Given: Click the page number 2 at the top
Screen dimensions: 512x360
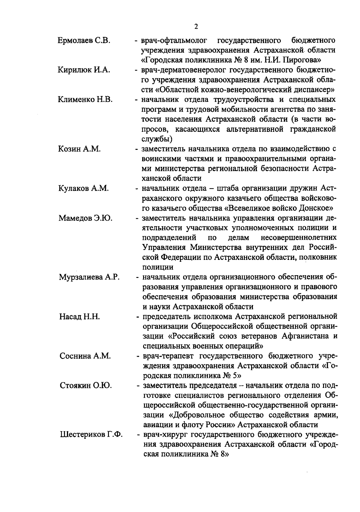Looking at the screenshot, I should pyautogui.click(x=196, y=27).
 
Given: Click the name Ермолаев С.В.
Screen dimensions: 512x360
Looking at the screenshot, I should pyautogui.click(x=84, y=41).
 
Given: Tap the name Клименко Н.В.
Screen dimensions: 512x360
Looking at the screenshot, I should pyautogui.click(x=85, y=100).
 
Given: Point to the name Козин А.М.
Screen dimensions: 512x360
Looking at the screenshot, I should pyautogui.click(x=79, y=149).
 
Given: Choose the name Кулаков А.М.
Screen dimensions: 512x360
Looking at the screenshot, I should pyautogui.click(x=83, y=188).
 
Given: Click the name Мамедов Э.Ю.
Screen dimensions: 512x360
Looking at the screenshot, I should pyautogui.click(x=85, y=218).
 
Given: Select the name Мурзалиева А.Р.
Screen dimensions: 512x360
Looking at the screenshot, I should pyautogui.click(x=89, y=277).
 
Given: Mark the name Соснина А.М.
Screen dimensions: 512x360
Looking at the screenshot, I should pyautogui.click(x=85, y=356).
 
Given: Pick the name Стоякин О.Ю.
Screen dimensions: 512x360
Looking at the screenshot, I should pyautogui.click(x=86, y=386).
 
